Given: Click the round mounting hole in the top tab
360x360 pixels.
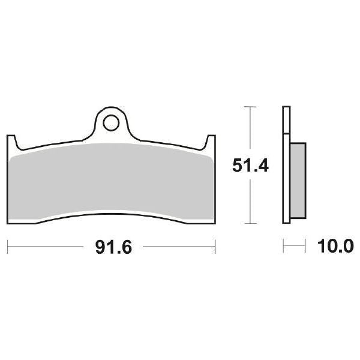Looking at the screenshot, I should pyautogui.click(x=110, y=124).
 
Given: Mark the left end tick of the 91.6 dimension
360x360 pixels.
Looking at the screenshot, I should pyautogui.click(x=7, y=246).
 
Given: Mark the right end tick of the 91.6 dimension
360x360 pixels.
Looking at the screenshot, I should pyautogui.click(x=215, y=246).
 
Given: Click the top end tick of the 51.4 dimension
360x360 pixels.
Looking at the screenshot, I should pyautogui.click(x=248, y=107).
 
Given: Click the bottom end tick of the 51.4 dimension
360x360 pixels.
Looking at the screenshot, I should pyautogui.click(x=248, y=223).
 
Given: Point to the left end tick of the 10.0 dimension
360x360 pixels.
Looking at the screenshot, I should pyautogui.click(x=283, y=246).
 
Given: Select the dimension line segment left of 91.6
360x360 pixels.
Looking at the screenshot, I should pyautogui.click(x=48, y=246).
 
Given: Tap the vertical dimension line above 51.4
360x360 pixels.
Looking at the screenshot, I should pyautogui.click(x=248, y=129).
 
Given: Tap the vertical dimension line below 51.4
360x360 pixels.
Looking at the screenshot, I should pyautogui.click(x=248, y=201).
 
